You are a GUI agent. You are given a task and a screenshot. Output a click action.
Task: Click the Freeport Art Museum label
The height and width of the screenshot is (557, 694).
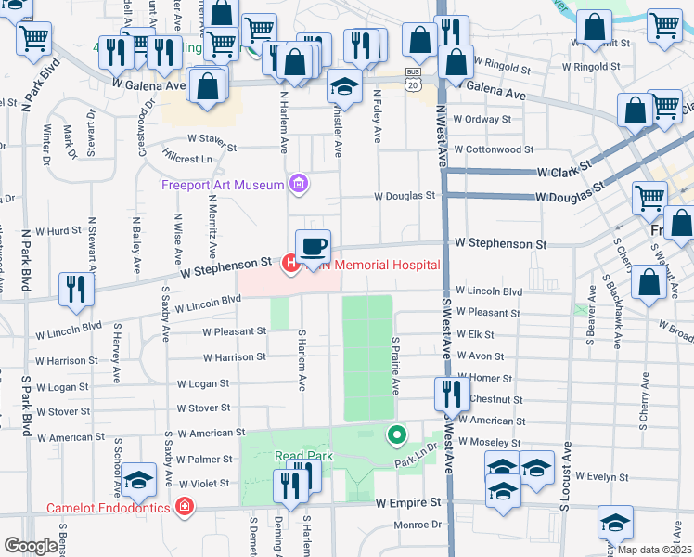(222, 185)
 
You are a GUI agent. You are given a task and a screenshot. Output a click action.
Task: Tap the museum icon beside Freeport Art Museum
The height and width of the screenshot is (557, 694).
(298, 184)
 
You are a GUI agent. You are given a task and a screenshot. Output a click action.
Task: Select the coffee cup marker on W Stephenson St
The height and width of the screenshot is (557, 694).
(313, 247)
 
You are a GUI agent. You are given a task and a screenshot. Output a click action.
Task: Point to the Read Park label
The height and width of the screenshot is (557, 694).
(297, 456)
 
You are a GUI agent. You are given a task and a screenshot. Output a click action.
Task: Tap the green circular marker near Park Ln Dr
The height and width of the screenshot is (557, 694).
(397, 434)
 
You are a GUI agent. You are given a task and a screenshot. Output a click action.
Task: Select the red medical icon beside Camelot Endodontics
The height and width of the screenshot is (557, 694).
(185, 507)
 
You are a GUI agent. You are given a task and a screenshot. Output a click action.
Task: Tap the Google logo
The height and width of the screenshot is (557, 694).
(31, 546)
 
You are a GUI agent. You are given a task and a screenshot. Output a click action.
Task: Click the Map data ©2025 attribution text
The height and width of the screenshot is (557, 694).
(653, 550)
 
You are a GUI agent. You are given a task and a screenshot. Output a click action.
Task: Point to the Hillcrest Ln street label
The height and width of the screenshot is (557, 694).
(186, 159)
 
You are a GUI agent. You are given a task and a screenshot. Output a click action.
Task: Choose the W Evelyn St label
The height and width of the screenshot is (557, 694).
(603, 475)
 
